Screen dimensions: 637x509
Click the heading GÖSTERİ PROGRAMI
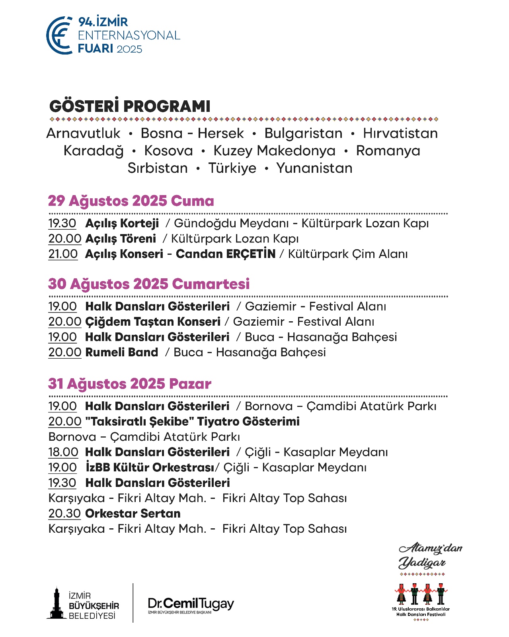(130, 106)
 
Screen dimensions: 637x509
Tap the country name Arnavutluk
(83, 133)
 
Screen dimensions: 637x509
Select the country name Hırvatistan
(400, 133)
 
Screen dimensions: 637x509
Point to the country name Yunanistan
(314, 168)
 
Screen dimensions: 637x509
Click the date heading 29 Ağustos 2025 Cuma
(131, 201)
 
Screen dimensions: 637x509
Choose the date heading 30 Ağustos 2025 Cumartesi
(149, 284)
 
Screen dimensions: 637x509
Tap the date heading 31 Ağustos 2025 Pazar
(130, 384)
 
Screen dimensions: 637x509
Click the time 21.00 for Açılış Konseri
(63, 254)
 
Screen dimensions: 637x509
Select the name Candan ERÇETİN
(226, 254)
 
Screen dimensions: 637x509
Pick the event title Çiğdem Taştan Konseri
(153, 322)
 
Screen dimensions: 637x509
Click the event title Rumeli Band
(122, 352)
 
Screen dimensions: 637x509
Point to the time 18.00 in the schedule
(63, 452)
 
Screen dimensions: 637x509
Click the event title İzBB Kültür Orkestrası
(150, 467)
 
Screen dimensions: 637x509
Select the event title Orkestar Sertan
(133, 514)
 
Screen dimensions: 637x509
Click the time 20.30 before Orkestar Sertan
(64, 514)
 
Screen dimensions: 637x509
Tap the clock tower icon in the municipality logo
(57, 604)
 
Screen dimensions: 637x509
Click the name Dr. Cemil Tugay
(191, 604)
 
